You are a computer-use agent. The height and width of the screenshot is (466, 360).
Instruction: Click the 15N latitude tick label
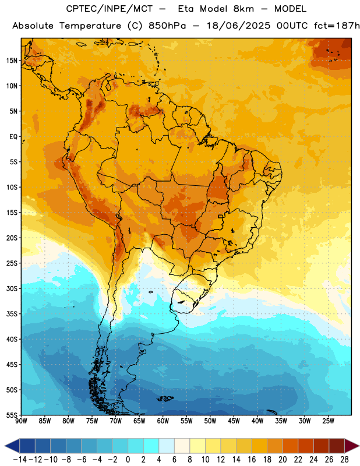[x=12, y=61]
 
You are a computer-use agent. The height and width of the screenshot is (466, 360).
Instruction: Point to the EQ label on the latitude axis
[x=13, y=137]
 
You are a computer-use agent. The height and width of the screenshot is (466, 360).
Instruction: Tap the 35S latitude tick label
[x=12, y=314]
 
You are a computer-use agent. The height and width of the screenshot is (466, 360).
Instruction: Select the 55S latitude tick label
[x=12, y=415]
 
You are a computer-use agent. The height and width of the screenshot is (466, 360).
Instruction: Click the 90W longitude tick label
[x=21, y=421]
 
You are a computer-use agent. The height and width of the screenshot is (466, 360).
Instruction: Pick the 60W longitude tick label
[x=163, y=421]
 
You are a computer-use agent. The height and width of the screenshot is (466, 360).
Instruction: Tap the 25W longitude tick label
[x=328, y=421]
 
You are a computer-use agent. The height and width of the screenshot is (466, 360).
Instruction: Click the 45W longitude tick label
[x=234, y=421]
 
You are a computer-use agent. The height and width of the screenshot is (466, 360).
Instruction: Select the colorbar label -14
[x=20, y=460]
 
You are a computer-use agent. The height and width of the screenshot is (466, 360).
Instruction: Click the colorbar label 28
[x=344, y=460]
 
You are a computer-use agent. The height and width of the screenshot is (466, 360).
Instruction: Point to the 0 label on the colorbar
[x=128, y=460]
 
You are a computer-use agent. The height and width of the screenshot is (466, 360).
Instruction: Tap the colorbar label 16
[x=252, y=460]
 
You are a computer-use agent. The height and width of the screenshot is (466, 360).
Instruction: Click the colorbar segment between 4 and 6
[x=167, y=446]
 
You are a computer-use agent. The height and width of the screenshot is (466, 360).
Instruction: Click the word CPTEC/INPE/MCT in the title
[x=110, y=9]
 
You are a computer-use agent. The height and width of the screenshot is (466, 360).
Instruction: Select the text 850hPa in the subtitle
[x=167, y=26]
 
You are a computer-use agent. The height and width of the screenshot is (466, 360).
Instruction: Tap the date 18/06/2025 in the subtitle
[x=238, y=26]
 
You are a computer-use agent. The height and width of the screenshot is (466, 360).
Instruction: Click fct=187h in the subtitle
[x=337, y=26]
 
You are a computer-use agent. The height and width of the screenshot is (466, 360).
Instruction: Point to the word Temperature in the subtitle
[x=90, y=26]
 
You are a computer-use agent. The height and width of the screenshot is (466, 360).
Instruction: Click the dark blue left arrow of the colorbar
[x=12, y=446]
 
